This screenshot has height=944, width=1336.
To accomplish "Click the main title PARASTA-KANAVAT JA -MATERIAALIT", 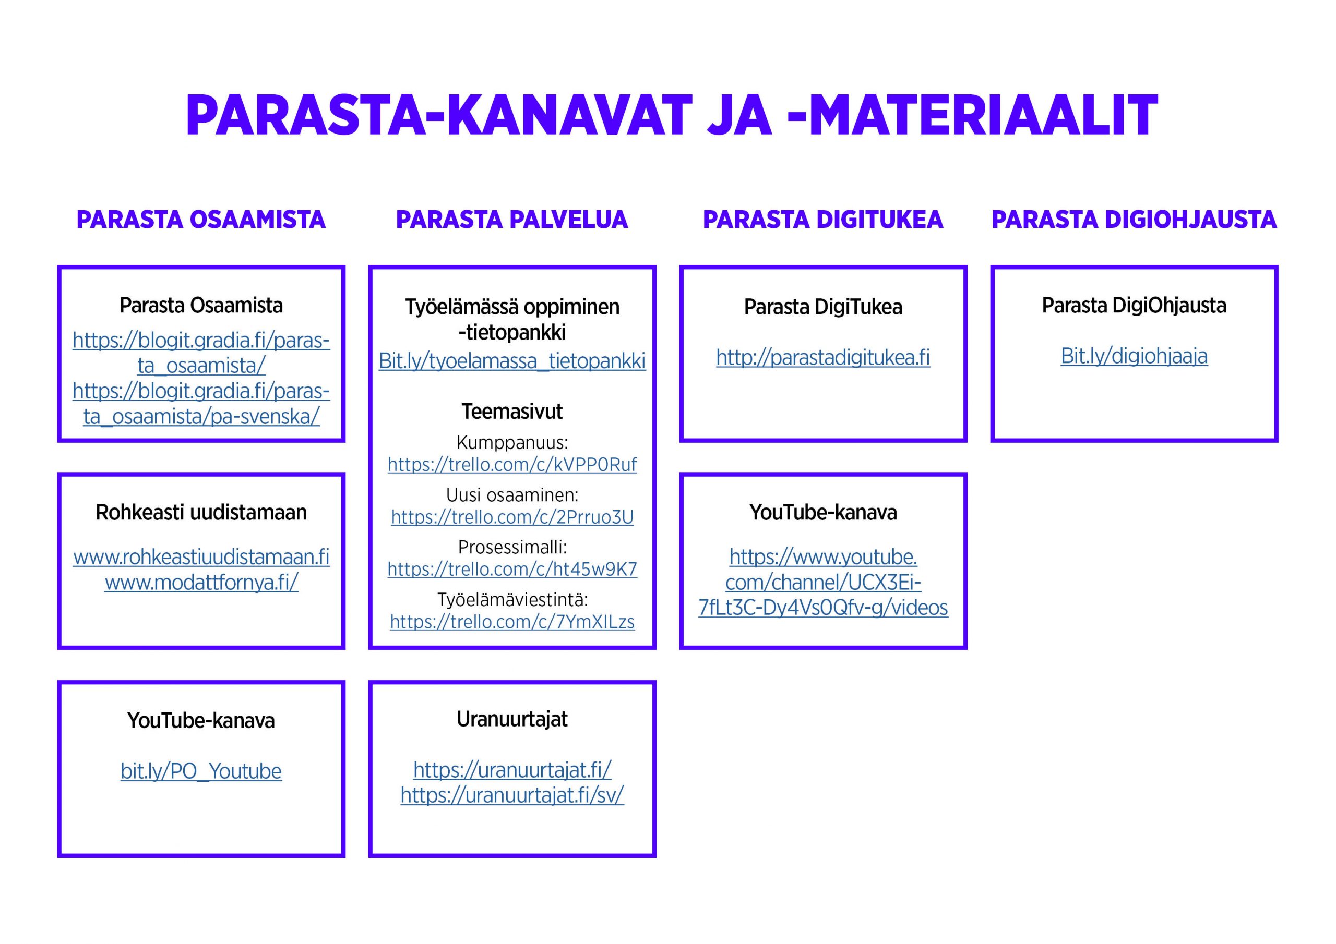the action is pyautogui.click(x=672, y=115).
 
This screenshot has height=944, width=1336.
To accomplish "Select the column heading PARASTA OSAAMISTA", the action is pyautogui.click(x=201, y=220).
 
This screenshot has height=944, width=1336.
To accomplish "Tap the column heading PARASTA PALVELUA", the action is pyautogui.click(x=512, y=220).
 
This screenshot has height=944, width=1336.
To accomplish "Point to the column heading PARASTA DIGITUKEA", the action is pyautogui.click(x=823, y=220).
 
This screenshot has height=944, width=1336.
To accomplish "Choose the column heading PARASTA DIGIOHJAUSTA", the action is pyautogui.click(x=1134, y=220).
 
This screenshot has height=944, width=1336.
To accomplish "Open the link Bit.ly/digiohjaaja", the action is pyautogui.click(x=1134, y=356).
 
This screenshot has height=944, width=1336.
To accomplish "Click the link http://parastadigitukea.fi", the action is pyautogui.click(x=823, y=358).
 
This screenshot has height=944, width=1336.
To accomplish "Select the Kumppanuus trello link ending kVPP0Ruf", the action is pyautogui.click(x=512, y=465).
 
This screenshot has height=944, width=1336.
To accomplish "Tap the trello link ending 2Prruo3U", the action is pyautogui.click(x=512, y=517).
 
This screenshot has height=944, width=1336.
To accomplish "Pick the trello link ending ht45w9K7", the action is pyautogui.click(x=512, y=570).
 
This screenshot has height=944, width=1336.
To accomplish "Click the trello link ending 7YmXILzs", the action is pyautogui.click(x=512, y=622).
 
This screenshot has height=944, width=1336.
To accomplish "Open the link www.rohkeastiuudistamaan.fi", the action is pyautogui.click(x=201, y=557).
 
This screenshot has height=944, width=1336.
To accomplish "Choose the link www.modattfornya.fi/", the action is pyautogui.click(x=201, y=583).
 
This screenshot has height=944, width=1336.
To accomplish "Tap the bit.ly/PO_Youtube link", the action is pyautogui.click(x=201, y=771).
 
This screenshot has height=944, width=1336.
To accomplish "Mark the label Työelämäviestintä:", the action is pyautogui.click(x=512, y=600).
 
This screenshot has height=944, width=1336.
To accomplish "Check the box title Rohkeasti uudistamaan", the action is pyautogui.click(x=201, y=513).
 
